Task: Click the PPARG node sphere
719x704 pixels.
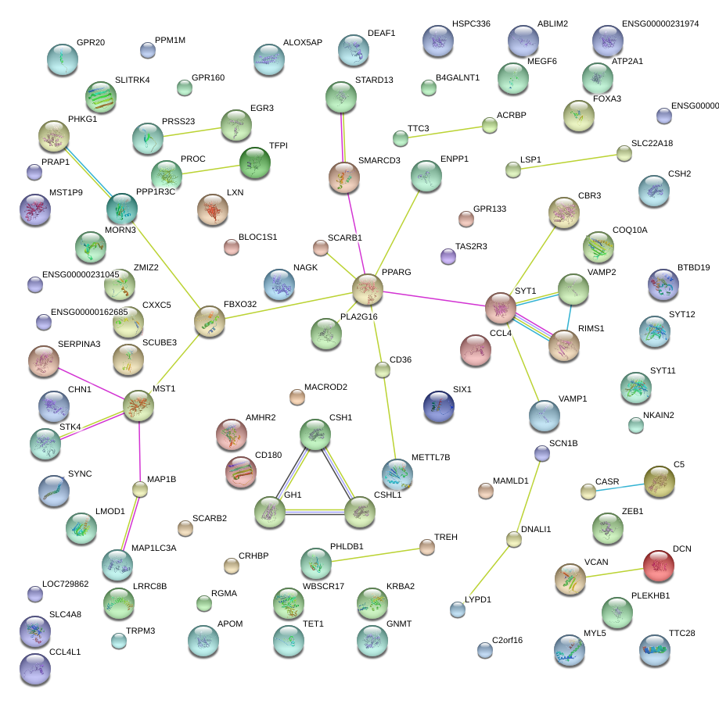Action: pyautogui.click(x=368, y=290)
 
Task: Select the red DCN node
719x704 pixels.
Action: pyautogui.click(x=659, y=566)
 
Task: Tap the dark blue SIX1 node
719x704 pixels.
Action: pyautogui.click(x=438, y=405)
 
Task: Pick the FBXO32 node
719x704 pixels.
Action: pyautogui.click(x=209, y=321)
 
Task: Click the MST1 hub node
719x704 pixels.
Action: pyautogui.click(x=138, y=406)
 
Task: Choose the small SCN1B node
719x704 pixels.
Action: pyautogui.click(x=541, y=453)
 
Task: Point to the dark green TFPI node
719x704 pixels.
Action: pyautogui.click(x=255, y=163)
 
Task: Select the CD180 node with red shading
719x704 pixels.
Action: pyautogui.click(x=240, y=471)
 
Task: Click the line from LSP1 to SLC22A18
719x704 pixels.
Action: pyautogui.click(x=569, y=161)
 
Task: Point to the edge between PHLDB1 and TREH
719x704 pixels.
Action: pyautogui.click(x=372, y=555)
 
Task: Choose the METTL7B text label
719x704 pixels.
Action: pyautogui.click(x=431, y=456)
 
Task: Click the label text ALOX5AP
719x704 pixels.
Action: pyautogui.click(x=303, y=42)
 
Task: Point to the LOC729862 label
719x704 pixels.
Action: pyautogui.click(x=66, y=584)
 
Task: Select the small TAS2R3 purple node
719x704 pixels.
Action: pyautogui.click(x=448, y=256)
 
